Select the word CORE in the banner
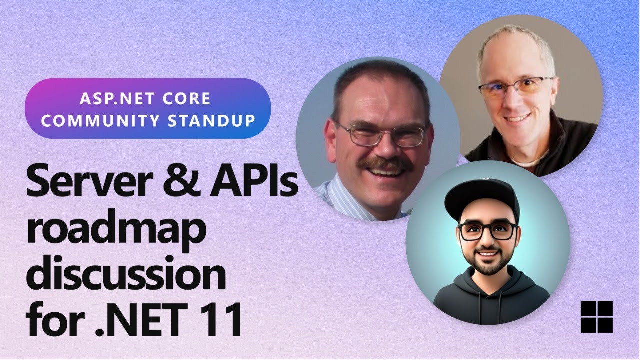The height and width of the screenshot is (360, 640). [185, 98]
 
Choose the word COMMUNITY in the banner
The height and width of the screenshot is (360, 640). [102, 120]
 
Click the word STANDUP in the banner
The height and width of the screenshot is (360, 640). [216, 120]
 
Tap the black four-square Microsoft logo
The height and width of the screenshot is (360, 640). [596, 317]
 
